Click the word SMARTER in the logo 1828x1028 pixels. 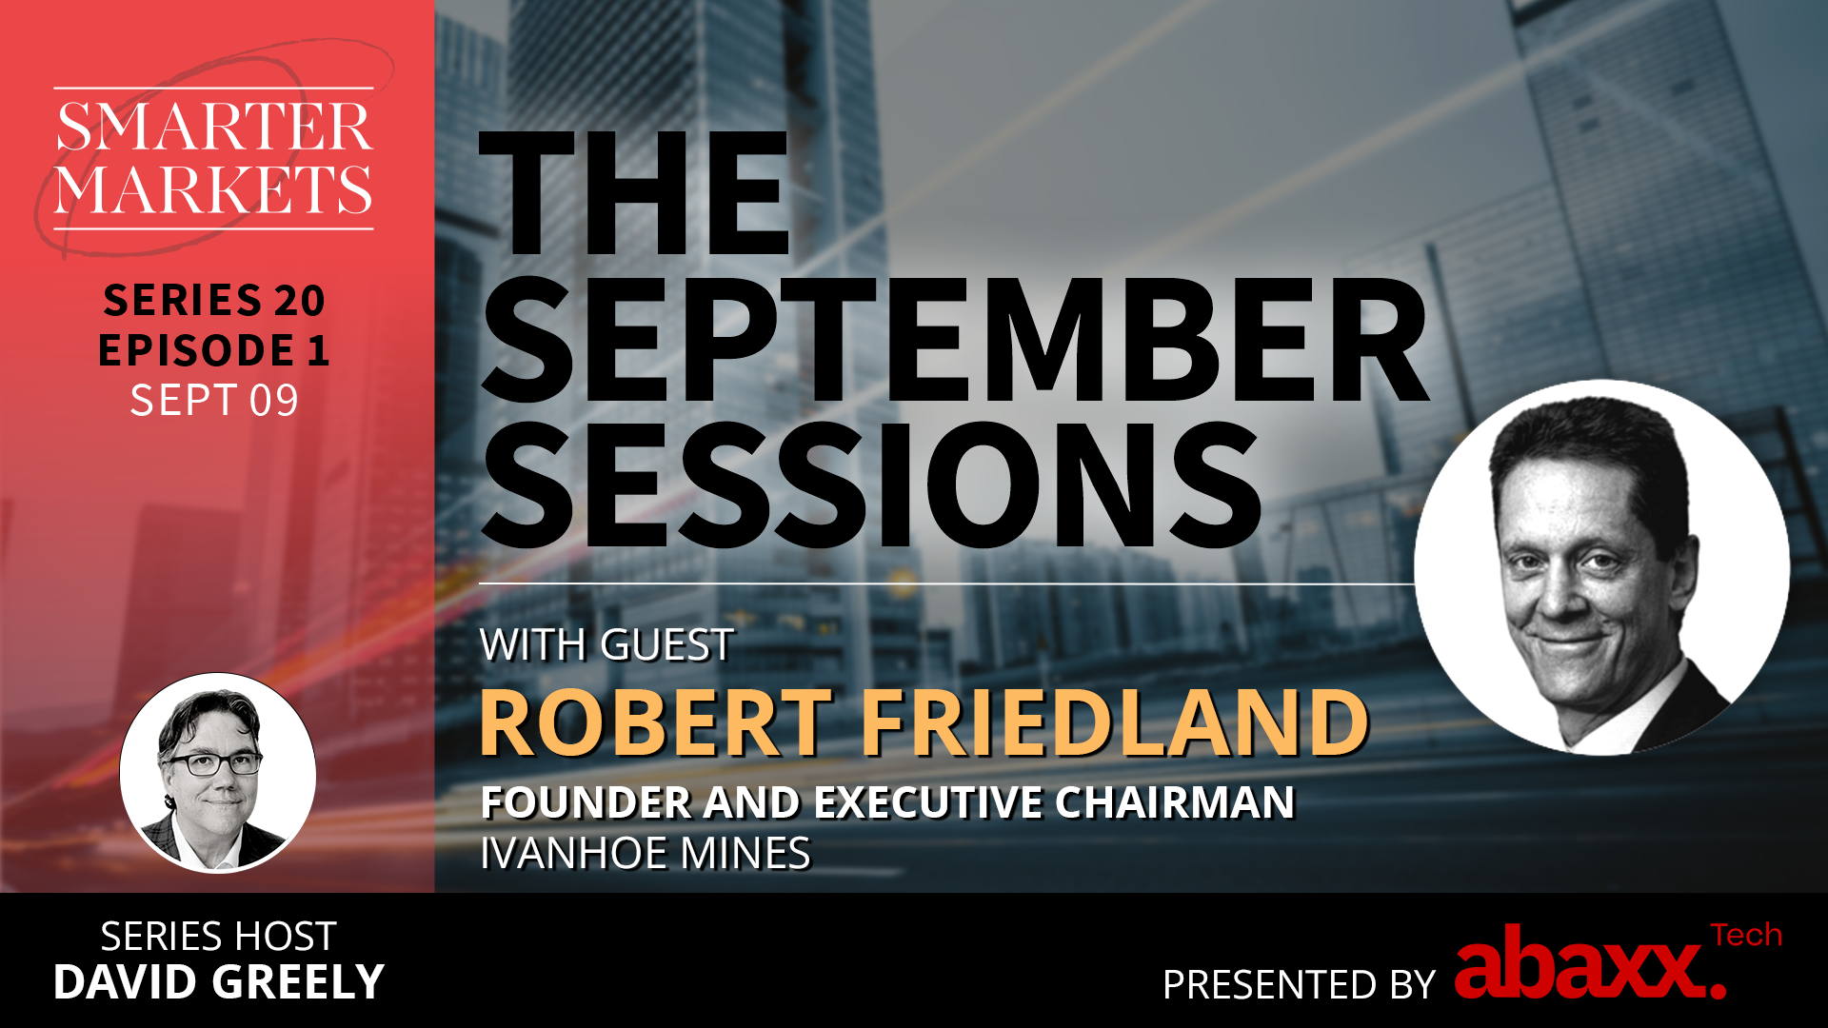214,127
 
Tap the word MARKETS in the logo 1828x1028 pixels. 214,188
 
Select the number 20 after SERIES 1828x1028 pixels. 300,301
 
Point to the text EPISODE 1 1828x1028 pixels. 214,350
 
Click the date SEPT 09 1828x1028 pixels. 214,401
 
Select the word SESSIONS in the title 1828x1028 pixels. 872,486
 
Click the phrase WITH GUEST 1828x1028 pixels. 606,645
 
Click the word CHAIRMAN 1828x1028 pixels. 1175,802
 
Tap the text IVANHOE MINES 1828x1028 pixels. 646,853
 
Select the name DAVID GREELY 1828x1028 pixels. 219,982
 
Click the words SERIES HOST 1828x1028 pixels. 219,937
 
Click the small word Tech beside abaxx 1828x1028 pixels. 1746,936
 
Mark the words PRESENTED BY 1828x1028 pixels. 1299,984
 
